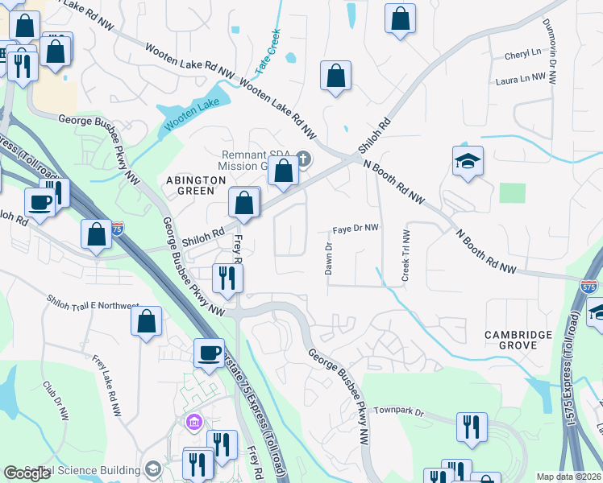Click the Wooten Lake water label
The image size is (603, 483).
(x=192, y=114)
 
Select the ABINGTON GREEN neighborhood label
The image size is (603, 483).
(x=190, y=185)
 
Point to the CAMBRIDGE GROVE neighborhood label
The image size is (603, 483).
(x=518, y=340)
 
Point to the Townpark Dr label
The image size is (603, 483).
(x=399, y=411)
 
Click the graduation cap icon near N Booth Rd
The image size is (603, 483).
(x=468, y=160)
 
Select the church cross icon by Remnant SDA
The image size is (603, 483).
(x=303, y=158)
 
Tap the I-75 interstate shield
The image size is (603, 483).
(x=118, y=229)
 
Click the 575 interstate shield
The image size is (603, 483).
(x=588, y=286)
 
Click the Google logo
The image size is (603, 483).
(x=27, y=473)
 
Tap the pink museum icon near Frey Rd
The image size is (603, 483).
(x=193, y=422)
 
